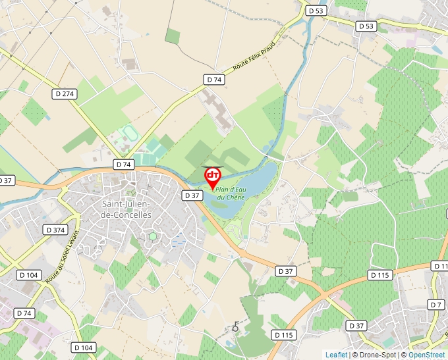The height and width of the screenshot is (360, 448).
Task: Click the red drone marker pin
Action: coord(213,176)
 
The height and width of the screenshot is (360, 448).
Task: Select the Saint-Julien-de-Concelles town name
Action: coord(126,209)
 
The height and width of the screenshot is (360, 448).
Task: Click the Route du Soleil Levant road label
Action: coord(63,257)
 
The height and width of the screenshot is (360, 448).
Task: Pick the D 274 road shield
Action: coord(65,94)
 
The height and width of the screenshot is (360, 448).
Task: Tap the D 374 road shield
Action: coord(57,230)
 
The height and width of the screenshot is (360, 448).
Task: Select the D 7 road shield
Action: coord(435,304)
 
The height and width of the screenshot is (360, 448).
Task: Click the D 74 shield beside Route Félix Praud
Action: coord(214,80)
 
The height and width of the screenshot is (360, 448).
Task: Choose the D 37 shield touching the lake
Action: coord(192,195)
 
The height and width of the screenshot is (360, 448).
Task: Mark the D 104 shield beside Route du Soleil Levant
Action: coord(29,274)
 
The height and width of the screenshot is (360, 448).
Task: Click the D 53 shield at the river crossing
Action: coord(316,11)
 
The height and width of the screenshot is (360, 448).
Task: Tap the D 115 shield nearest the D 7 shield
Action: coord(381,274)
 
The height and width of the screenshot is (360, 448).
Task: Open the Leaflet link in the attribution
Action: coord(336,355)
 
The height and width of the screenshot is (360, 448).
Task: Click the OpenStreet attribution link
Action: coord(427,355)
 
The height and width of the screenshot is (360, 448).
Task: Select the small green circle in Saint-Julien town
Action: coord(153,236)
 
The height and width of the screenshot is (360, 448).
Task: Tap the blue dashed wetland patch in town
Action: coord(179,242)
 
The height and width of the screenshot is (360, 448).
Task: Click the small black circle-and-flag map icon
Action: coord(235,327)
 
